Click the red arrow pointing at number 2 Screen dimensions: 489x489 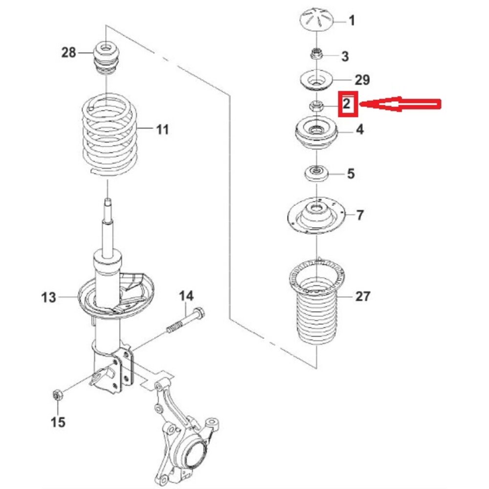(x=400, y=104)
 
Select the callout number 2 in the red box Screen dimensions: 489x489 (x=347, y=103)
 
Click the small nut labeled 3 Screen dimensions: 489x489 (x=316, y=54)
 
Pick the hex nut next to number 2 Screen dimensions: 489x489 (x=316, y=106)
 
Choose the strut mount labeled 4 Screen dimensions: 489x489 (x=316, y=132)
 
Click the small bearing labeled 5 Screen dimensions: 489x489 (x=316, y=174)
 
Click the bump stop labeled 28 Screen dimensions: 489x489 (x=107, y=58)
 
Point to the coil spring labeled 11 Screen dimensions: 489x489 (x=110, y=134)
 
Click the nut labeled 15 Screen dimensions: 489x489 (x=58, y=396)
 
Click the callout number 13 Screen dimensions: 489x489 (x=48, y=297)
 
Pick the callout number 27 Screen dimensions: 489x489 (x=363, y=296)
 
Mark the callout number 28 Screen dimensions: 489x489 (x=68, y=52)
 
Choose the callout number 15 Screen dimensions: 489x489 (x=58, y=422)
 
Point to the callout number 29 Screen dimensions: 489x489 (x=362, y=80)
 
